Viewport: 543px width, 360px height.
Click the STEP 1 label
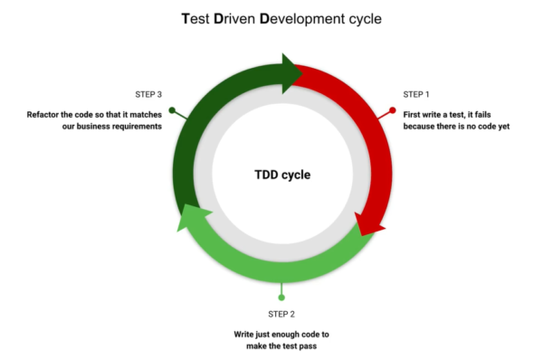tap(416, 94)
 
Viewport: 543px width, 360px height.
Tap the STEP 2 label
tap(281, 314)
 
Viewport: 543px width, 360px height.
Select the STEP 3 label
tap(148, 94)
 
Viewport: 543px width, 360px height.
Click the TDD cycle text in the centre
tap(281, 175)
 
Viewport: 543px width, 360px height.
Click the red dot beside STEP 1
tap(393, 110)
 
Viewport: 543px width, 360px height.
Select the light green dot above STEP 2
tap(281, 297)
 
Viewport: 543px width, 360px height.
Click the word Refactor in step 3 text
tap(45, 115)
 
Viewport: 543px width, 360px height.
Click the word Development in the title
tap(316, 17)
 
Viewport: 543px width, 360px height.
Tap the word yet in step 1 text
tap(503, 127)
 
